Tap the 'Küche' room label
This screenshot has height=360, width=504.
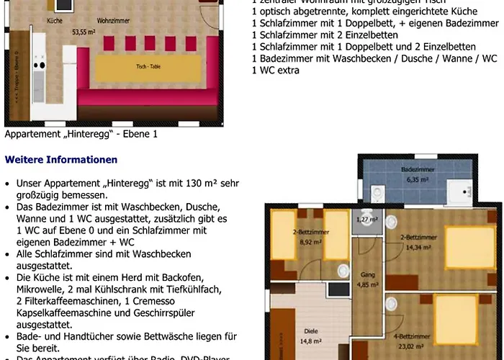tap(55, 22)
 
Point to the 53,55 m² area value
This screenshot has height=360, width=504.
tap(84, 32)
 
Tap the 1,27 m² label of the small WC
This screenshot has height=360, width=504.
tap(367, 219)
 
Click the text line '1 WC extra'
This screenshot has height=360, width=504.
tap(275, 71)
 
